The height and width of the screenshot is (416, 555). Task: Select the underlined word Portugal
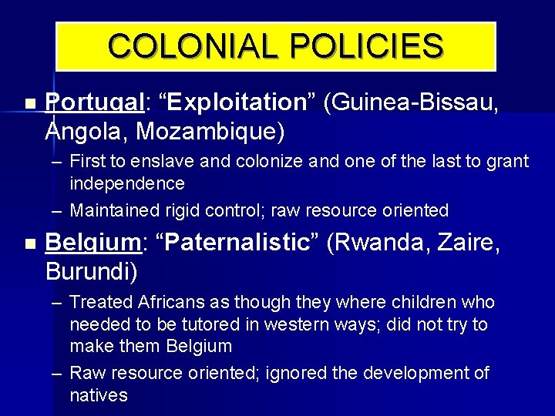[x=96, y=103]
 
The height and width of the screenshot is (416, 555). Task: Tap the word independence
[x=127, y=183]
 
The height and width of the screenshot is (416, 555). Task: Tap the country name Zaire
[x=462, y=243]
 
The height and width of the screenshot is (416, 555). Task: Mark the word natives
[x=99, y=396]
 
